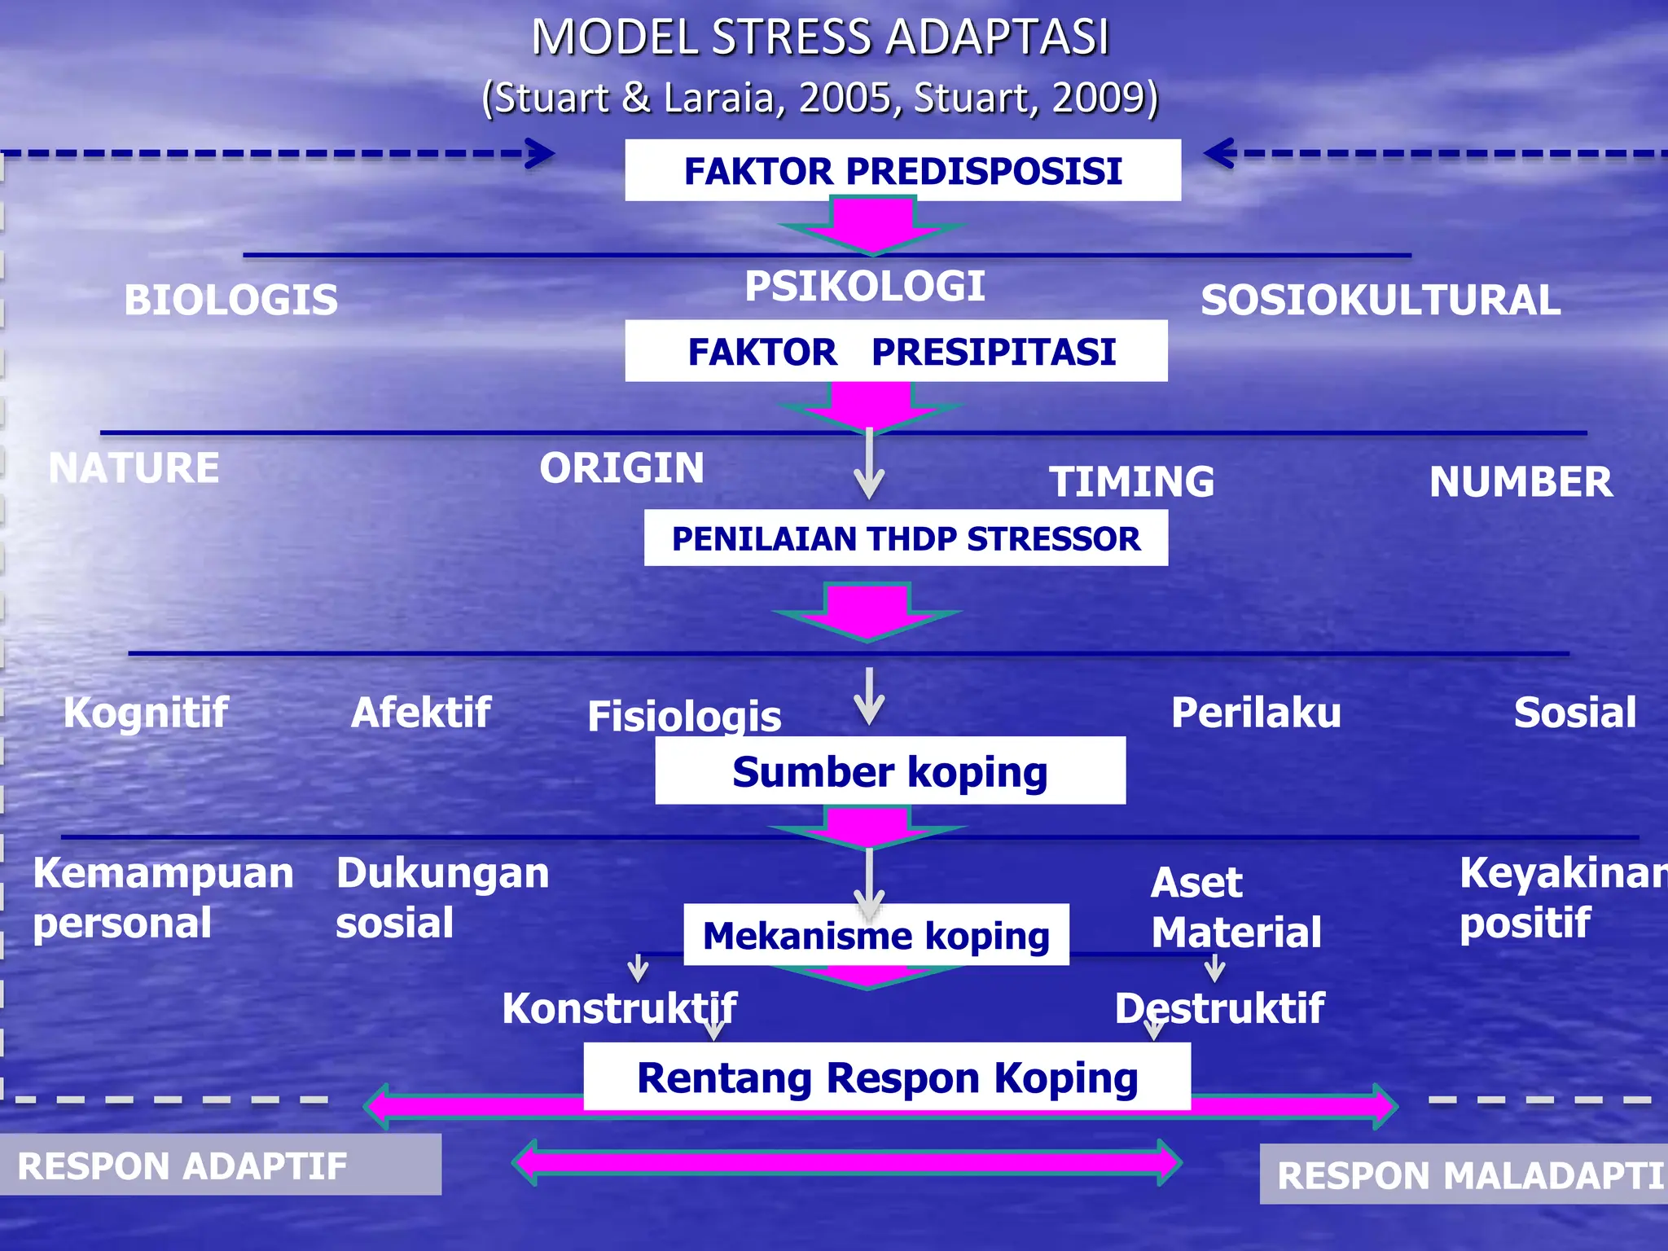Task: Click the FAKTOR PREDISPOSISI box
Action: point(902,170)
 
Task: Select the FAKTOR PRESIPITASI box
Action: point(896,351)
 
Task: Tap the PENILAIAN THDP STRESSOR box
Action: point(906,538)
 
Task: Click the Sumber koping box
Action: point(890,771)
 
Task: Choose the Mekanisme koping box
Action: point(876,935)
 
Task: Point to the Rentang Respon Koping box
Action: point(887,1077)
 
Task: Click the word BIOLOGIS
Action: point(230,300)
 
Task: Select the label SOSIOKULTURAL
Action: point(1380,300)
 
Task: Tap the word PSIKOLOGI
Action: point(864,286)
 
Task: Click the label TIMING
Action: point(1131,481)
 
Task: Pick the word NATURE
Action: point(134,468)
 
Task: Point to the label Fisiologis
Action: point(684,716)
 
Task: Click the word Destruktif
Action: point(1219,1008)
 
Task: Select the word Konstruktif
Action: point(619,1008)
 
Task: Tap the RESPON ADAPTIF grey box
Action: point(220,1165)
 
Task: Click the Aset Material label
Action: point(1236,907)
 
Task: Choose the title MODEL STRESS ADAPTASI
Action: point(819,37)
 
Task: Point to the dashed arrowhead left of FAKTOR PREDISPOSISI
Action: point(539,153)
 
